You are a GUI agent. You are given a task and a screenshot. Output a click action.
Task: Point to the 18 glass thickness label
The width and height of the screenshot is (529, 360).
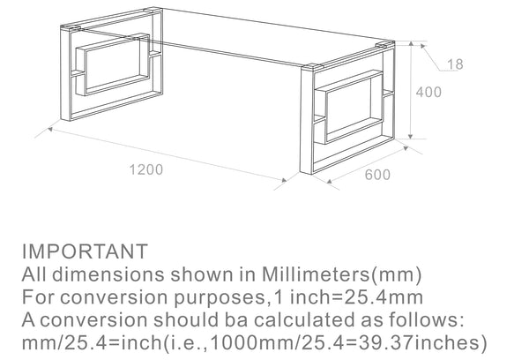coord(454,64)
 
